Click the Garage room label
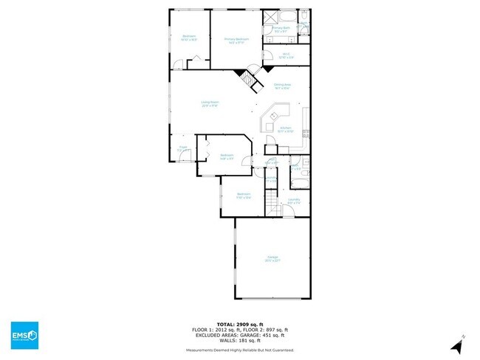tap(272, 258)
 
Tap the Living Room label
tap(210, 105)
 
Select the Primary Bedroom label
tap(236, 40)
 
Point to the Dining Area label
tap(281, 86)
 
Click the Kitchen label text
tap(286, 130)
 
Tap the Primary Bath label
tap(281, 30)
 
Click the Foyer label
tap(182, 148)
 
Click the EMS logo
tap(24, 336)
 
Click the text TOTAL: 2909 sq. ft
tap(240, 324)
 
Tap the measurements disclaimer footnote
tap(240, 350)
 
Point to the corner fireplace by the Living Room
tap(242, 74)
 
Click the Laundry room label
tap(293, 200)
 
